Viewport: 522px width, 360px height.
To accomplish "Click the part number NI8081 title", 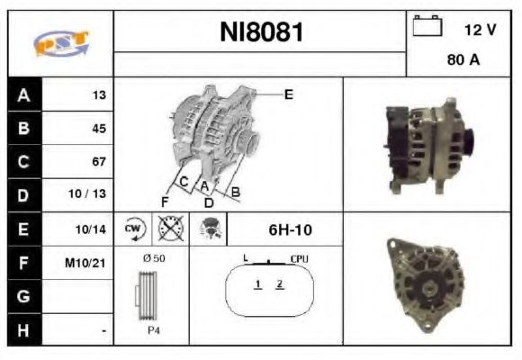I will click(x=261, y=33).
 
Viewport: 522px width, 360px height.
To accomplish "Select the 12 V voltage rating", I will click(x=480, y=30).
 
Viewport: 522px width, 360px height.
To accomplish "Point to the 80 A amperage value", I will click(x=463, y=61).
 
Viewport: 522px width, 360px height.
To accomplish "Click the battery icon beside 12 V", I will click(x=426, y=27).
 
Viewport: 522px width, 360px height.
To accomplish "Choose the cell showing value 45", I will click(x=99, y=129).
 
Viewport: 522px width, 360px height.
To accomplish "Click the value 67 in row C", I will click(x=99, y=162).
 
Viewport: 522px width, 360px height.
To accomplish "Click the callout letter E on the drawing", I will click(x=289, y=94).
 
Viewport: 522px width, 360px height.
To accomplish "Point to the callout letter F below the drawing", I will click(x=166, y=200).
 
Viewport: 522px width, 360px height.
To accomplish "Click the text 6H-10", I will click(x=291, y=229).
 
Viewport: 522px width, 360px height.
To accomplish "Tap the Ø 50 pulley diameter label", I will click(x=153, y=258).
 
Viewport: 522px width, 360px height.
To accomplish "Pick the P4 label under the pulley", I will click(x=154, y=330).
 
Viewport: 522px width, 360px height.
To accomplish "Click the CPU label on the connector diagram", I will click(x=300, y=258).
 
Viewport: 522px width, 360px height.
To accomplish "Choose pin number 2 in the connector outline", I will click(x=280, y=284).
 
